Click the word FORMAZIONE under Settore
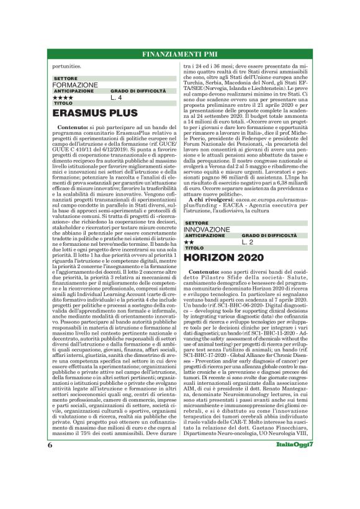pyautogui.click(x=75, y=84)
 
